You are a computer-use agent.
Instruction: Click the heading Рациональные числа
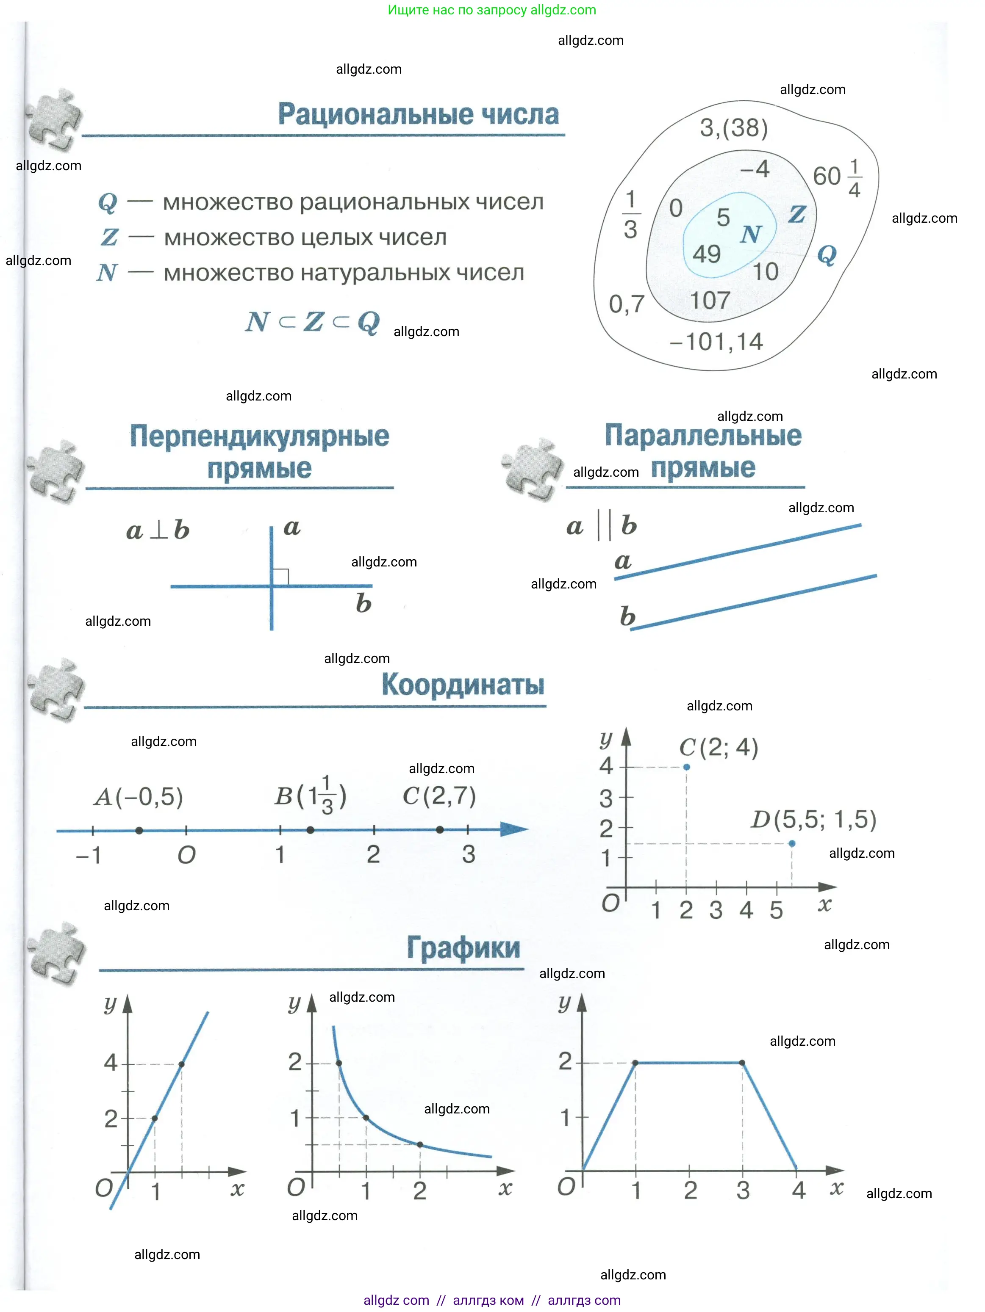click(x=418, y=114)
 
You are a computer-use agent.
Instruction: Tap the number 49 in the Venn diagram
click(x=706, y=254)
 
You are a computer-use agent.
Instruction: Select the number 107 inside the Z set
click(x=710, y=300)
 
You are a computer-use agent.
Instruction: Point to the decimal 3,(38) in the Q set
click(x=733, y=127)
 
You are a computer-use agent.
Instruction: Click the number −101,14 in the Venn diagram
click(x=716, y=342)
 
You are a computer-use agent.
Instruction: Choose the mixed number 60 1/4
click(x=837, y=177)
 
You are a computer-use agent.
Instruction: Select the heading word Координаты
click(x=463, y=685)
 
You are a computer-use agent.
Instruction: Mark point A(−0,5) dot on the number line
click(x=139, y=830)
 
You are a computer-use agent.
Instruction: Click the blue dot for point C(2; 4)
click(x=686, y=767)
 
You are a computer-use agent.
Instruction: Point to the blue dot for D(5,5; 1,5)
click(x=791, y=843)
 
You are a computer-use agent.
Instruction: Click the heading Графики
click(x=463, y=947)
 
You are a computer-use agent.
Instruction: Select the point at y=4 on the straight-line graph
click(x=182, y=1064)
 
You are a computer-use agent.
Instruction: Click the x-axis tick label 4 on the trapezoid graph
click(x=798, y=1190)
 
